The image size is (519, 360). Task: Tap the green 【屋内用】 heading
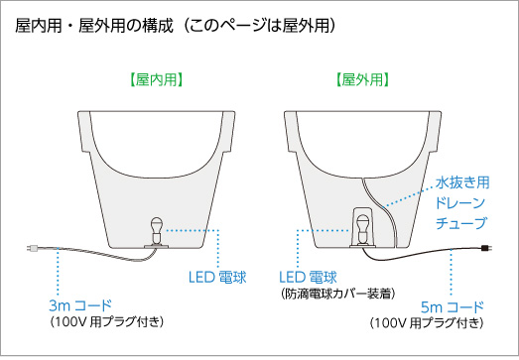(156, 79)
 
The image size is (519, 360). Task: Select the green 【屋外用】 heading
(361, 79)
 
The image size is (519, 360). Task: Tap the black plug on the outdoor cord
(484, 250)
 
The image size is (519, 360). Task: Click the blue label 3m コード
(83, 302)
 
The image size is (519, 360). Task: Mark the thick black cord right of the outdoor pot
(437, 254)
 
